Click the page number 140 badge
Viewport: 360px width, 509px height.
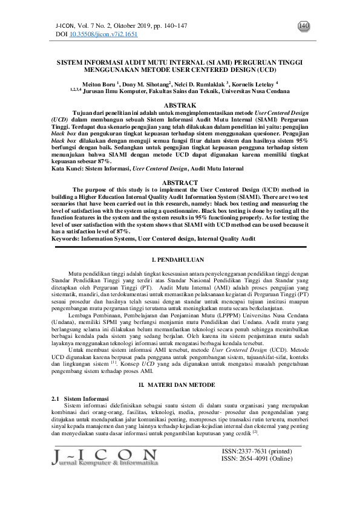(304, 26)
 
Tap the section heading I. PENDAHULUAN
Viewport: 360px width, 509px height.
(180, 259)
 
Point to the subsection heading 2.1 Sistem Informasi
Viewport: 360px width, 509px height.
(77, 400)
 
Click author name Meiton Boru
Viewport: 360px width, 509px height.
(100, 84)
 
